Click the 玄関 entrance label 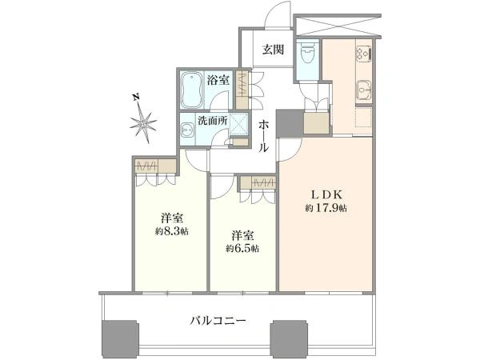pyautogui.click(x=273, y=50)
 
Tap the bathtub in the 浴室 pyautogui.click(x=192, y=90)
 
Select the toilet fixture pyautogui.click(x=306, y=55)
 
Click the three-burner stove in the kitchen pyautogui.click(x=364, y=53)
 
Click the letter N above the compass pyautogui.click(x=136, y=97)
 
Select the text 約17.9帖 pyautogui.click(x=326, y=209)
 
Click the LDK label pyautogui.click(x=326, y=194)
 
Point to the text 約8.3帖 pyautogui.click(x=172, y=231)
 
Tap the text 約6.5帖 pyautogui.click(x=242, y=249)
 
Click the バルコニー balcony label pyautogui.click(x=218, y=321)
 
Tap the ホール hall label pyautogui.click(x=263, y=136)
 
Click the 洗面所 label pyautogui.click(x=213, y=121)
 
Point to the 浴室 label pyautogui.click(x=218, y=80)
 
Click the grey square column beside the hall pyautogui.click(x=290, y=123)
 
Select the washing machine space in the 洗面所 pyautogui.click(x=238, y=125)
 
